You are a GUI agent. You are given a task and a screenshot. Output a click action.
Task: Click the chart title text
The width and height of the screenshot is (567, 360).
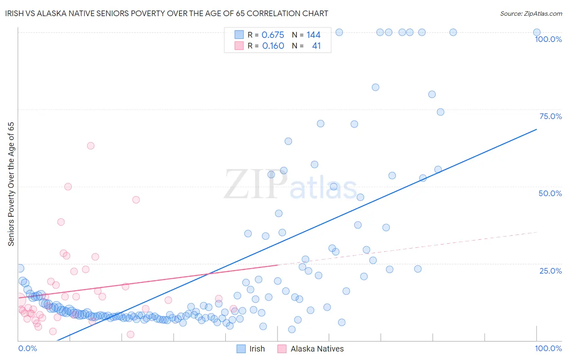click(x=167, y=13)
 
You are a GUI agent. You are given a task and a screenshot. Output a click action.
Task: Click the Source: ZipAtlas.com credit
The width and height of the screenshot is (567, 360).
click(x=531, y=13)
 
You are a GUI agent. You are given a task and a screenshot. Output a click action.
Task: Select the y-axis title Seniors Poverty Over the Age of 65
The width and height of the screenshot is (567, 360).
click(x=11, y=184)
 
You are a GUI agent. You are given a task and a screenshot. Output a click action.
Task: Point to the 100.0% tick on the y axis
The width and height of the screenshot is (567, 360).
click(x=548, y=39)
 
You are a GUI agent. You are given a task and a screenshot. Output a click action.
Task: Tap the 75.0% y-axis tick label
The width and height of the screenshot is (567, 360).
click(x=550, y=116)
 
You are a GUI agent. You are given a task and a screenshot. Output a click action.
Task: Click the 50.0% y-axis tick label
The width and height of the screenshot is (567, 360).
click(x=550, y=193)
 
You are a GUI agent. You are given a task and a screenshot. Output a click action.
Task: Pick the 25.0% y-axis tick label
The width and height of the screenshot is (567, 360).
click(x=550, y=271)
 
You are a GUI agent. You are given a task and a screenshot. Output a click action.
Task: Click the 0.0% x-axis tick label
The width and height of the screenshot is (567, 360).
click(x=27, y=348)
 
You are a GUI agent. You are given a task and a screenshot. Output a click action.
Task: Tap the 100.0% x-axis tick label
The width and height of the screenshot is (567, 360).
click(x=548, y=348)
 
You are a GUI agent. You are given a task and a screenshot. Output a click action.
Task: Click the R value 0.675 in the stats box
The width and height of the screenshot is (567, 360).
click(x=273, y=35)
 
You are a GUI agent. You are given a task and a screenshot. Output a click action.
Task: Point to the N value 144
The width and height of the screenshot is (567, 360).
click(x=313, y=35)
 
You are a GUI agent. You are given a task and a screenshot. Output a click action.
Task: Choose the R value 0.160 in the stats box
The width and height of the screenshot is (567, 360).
click(x=273, y=46)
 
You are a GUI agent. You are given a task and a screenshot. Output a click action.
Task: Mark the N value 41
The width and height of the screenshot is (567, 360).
click(x=316, y=46)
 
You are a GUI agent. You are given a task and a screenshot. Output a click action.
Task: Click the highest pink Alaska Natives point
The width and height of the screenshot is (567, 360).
click(x=91, y=146)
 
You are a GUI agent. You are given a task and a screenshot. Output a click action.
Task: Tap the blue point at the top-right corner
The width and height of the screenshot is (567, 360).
click(x=537, y=32)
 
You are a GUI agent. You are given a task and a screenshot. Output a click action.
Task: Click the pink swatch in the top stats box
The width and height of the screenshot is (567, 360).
click(x=239, y=46)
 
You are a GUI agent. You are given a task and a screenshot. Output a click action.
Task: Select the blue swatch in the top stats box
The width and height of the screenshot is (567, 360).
click(x=239, y=35)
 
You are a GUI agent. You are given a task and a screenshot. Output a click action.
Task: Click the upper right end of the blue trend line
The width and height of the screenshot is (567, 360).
click(x=536, y=129)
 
